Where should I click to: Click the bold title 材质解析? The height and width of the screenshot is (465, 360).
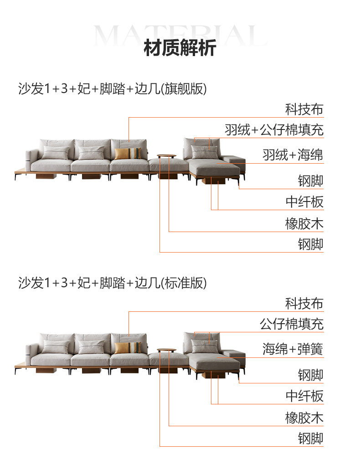pos(180,48)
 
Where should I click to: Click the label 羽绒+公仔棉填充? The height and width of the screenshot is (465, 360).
pos(274,130)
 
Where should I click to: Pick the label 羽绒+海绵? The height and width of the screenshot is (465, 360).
pos(293,155)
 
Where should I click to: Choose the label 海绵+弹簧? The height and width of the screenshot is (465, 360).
pos(293,349)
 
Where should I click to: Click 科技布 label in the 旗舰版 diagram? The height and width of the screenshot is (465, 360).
pos(304,109)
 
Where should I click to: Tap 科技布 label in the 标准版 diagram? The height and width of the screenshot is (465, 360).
pos(304,304)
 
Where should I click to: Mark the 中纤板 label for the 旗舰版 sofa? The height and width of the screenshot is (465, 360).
pos(304,201)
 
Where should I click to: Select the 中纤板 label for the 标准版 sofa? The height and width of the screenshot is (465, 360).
pos(304,396)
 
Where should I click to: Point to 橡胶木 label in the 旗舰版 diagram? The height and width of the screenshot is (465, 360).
pos(304,224)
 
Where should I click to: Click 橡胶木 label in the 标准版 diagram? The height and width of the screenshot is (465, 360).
pos(304,418)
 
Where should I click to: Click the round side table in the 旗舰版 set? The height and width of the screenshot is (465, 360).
pos(166,157)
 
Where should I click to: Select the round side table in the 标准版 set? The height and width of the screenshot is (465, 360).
pos(166,351)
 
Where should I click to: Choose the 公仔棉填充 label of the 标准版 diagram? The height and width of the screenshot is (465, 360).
pos(292,324)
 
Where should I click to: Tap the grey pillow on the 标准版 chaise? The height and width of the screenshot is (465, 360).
pos(205,346)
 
